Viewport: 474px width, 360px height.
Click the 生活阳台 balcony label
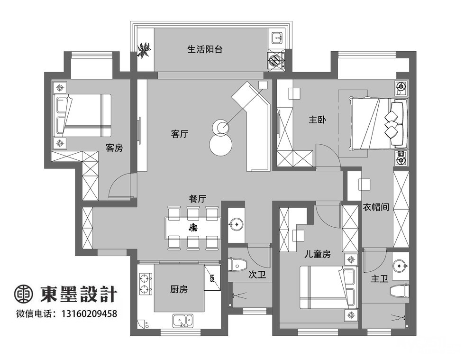(x=205, y=49)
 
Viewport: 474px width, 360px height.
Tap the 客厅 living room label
(x=180, y=134)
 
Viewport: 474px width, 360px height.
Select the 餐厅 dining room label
(x=197, y=199)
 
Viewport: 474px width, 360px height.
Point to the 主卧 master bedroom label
(x=318, y=120)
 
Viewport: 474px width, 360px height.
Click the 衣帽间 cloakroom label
(x=376, y=207)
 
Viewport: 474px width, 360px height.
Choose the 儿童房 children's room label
(x=318, y=254)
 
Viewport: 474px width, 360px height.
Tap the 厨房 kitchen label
(x=179, y=289)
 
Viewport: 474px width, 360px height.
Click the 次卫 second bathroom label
(x=257, y=275)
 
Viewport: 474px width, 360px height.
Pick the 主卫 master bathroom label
(x=380, y=278)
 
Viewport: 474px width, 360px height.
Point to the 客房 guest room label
(x=114, y=148)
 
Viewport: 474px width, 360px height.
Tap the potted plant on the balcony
(x=145, y=51)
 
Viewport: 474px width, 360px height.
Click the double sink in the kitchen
(x=183, y=321)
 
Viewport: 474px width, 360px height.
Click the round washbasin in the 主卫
(x=401, y=266)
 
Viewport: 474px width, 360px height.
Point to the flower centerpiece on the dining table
(x=192, y=227)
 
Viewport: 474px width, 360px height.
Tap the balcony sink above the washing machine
(x=277, y=38)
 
